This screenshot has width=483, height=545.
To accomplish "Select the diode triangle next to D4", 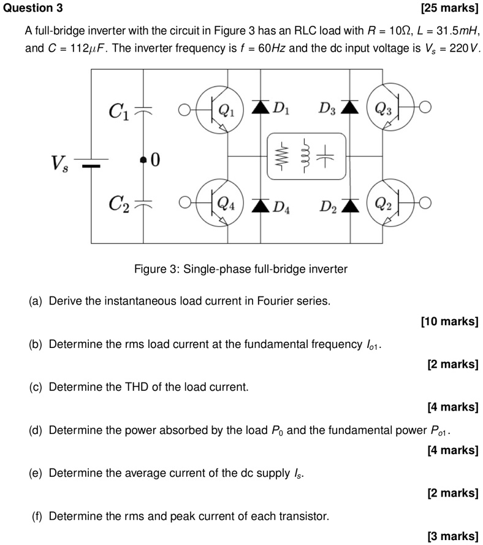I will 262,203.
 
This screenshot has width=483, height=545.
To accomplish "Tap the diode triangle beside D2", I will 350,203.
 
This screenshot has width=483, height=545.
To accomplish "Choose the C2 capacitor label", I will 118,204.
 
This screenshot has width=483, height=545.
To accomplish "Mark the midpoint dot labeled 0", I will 144,160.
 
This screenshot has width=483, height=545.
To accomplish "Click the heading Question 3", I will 32,8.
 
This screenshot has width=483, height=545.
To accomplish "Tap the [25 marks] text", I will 450,8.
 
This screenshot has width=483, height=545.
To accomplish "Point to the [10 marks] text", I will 450,321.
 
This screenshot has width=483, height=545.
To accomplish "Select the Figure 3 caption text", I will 241,269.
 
